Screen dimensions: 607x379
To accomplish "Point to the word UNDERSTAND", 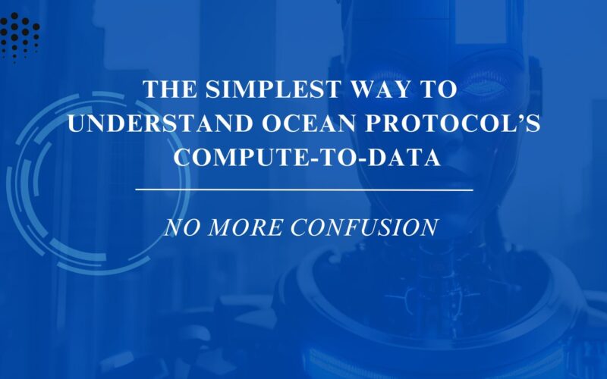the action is pyautogui.click(x=160, y=124).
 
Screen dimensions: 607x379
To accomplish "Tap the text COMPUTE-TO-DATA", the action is pyautogui.click(x=307, y=158).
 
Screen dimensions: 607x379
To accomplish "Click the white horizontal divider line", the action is pyautogui.click(x=304, y=190).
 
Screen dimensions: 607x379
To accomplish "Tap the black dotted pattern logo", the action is pyautogui.click(x=20, y=36).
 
